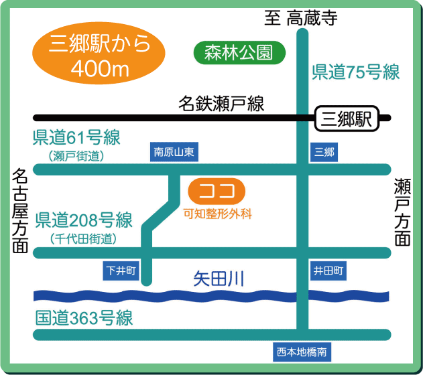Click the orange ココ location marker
tap(217, 192)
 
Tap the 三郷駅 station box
tap(346, 120)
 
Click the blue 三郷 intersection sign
tap(324, 152)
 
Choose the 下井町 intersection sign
tap(121, 271)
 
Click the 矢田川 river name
tap(219, 276)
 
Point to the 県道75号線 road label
tap(355, 72)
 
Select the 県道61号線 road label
tap(76, 139)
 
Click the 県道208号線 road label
tap(84, 220)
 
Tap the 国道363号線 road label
tap(84, 318)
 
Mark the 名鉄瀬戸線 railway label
tap(221, 103)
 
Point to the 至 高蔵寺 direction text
tap(299, 18)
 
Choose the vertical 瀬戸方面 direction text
tap(402, 212)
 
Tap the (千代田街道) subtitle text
tap(83, 238)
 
